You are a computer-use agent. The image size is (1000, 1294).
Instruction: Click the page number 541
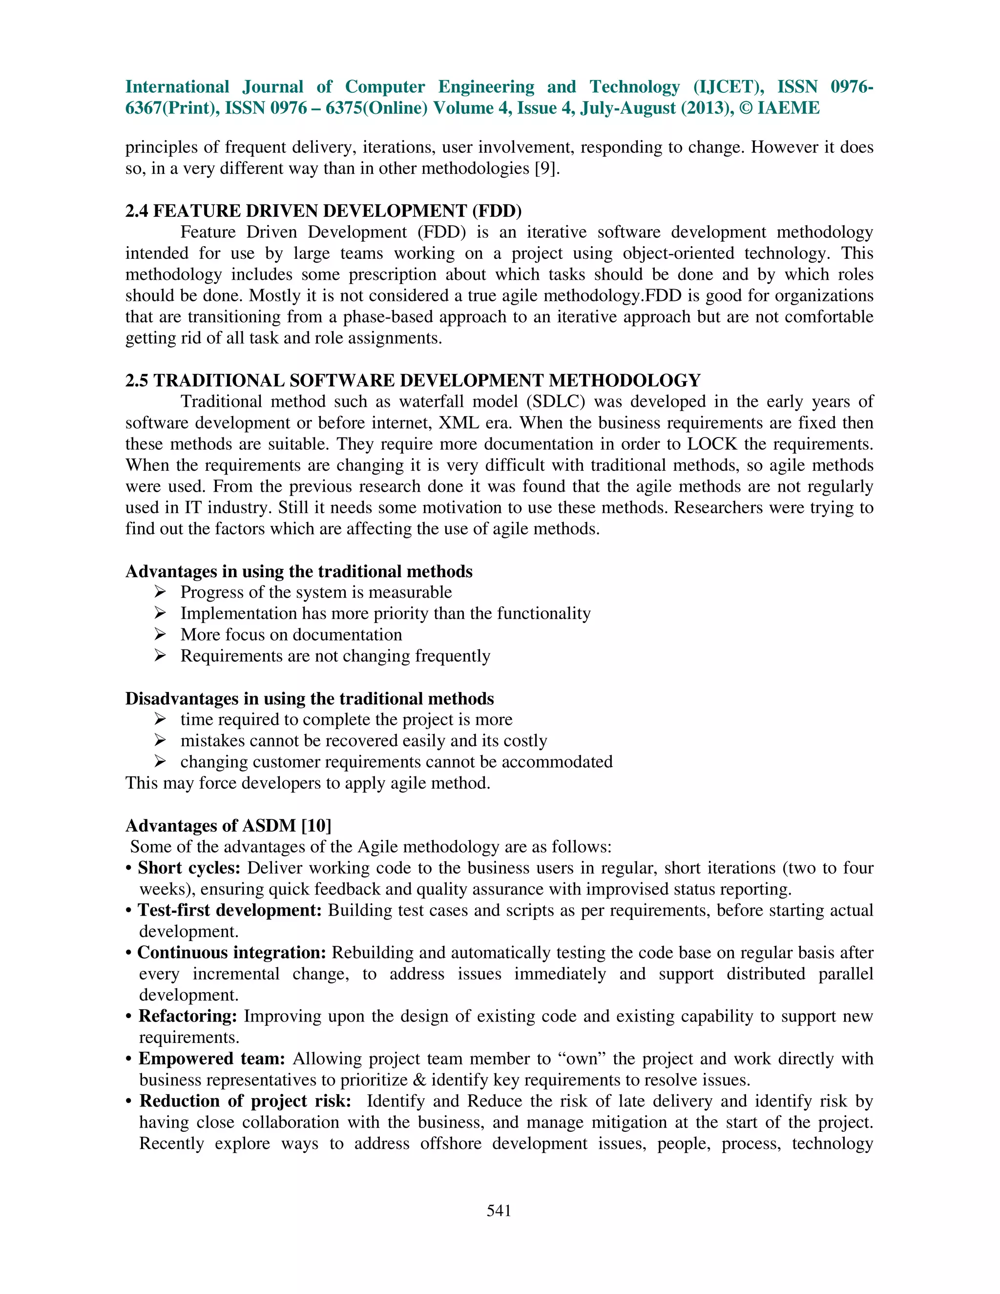pyautogui.click(x=499, y=1211)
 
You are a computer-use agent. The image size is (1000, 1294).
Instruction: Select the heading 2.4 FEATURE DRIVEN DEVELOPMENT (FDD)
pyautogui.click(x=323, y=211)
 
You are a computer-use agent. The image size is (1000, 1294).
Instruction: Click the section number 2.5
pyautogui.click(x=137, y=380)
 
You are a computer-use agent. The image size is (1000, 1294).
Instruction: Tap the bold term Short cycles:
pyautogui.click(x=189, y=868)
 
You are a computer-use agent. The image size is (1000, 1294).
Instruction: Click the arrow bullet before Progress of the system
pyautogui.click(x=160, y=592)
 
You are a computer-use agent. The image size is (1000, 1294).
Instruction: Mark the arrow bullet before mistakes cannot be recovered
pyautogui.click(x=160, y=741)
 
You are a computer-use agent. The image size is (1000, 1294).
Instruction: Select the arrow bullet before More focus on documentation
pyautogui.click(x=160, y=635)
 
